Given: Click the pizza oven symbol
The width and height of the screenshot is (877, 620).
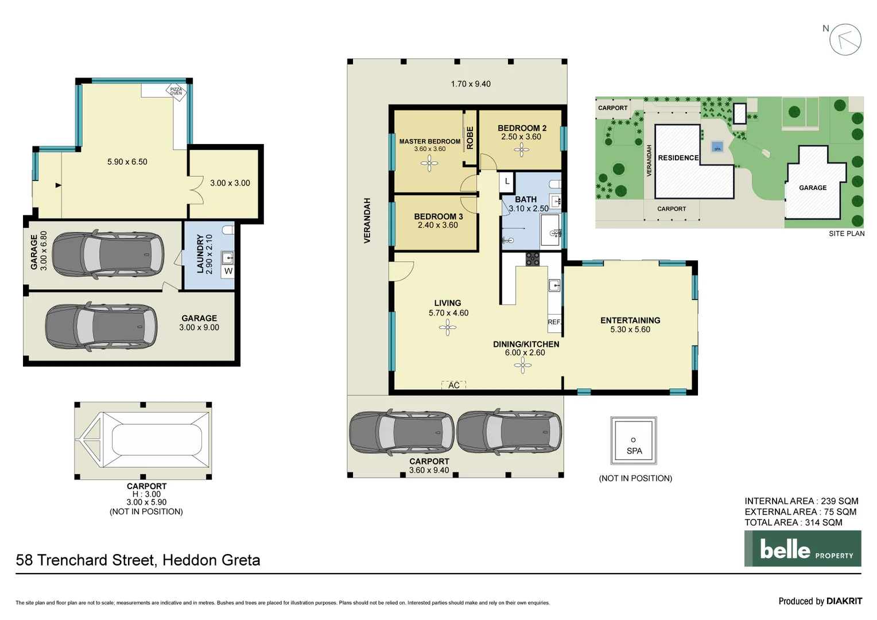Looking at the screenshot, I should point(176,91).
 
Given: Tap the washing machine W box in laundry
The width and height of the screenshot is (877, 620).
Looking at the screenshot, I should point(228,271).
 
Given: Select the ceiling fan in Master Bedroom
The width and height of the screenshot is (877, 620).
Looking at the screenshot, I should point(429,164).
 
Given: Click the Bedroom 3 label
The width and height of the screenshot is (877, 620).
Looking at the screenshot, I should point(438,216).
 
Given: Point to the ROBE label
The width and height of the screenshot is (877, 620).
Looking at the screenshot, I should point(470,138).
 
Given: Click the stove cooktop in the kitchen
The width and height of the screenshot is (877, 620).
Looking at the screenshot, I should point(533,259).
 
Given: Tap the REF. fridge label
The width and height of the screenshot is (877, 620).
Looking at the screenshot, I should point(554,322).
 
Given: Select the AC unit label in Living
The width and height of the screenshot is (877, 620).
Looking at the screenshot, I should point(453,385).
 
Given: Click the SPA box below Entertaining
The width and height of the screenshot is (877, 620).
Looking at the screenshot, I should point(633,441).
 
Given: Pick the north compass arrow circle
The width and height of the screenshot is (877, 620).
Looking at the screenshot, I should point(845,40).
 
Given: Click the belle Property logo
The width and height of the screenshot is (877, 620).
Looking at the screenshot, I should point(802,549).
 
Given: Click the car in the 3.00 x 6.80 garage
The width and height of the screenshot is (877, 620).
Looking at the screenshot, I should point(108,254).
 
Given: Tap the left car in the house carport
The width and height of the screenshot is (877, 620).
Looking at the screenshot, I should point(402,433).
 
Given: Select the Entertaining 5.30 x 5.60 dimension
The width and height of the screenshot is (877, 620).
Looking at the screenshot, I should point(630,330).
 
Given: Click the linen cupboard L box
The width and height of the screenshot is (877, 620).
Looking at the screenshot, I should point(507,181).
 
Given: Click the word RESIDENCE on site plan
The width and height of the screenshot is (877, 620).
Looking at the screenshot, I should point(678,158).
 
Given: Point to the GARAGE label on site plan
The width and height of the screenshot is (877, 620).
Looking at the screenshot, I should point(813,188).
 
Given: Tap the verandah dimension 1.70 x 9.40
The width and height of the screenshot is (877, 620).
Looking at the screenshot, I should point(471,84).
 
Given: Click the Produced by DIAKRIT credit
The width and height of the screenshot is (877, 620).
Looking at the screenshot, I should point(820,601).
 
